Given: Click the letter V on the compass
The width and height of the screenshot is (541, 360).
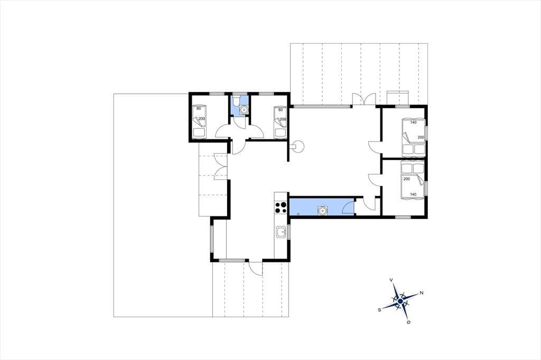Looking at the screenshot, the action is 391,280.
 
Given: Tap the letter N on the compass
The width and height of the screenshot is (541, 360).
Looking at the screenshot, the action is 422,293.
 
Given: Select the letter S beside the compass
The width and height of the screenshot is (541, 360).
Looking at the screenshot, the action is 379,310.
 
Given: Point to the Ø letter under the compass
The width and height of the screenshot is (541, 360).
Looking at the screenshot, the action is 408,322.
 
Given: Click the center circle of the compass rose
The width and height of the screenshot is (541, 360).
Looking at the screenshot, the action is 400,301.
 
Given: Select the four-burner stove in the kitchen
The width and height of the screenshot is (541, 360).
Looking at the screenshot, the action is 281,208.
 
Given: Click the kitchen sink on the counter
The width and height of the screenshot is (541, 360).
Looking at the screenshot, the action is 281,232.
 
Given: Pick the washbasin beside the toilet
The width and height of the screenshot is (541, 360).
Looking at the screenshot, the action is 244,110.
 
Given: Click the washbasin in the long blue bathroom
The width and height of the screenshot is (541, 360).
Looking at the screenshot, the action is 323,210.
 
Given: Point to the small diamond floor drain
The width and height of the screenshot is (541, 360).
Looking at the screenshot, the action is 298,214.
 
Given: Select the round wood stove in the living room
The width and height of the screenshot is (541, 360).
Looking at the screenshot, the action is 297,147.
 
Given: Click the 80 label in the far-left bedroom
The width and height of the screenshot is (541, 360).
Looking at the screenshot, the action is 199,108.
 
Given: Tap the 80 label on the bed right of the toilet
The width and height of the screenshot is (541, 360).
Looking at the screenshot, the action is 281,110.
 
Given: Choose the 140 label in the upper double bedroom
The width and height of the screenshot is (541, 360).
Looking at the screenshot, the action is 413,122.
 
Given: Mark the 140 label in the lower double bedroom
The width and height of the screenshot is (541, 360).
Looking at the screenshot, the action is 413,194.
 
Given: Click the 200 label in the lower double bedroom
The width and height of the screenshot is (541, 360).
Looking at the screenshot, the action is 406,179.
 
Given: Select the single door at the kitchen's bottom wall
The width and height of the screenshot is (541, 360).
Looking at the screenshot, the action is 255,268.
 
